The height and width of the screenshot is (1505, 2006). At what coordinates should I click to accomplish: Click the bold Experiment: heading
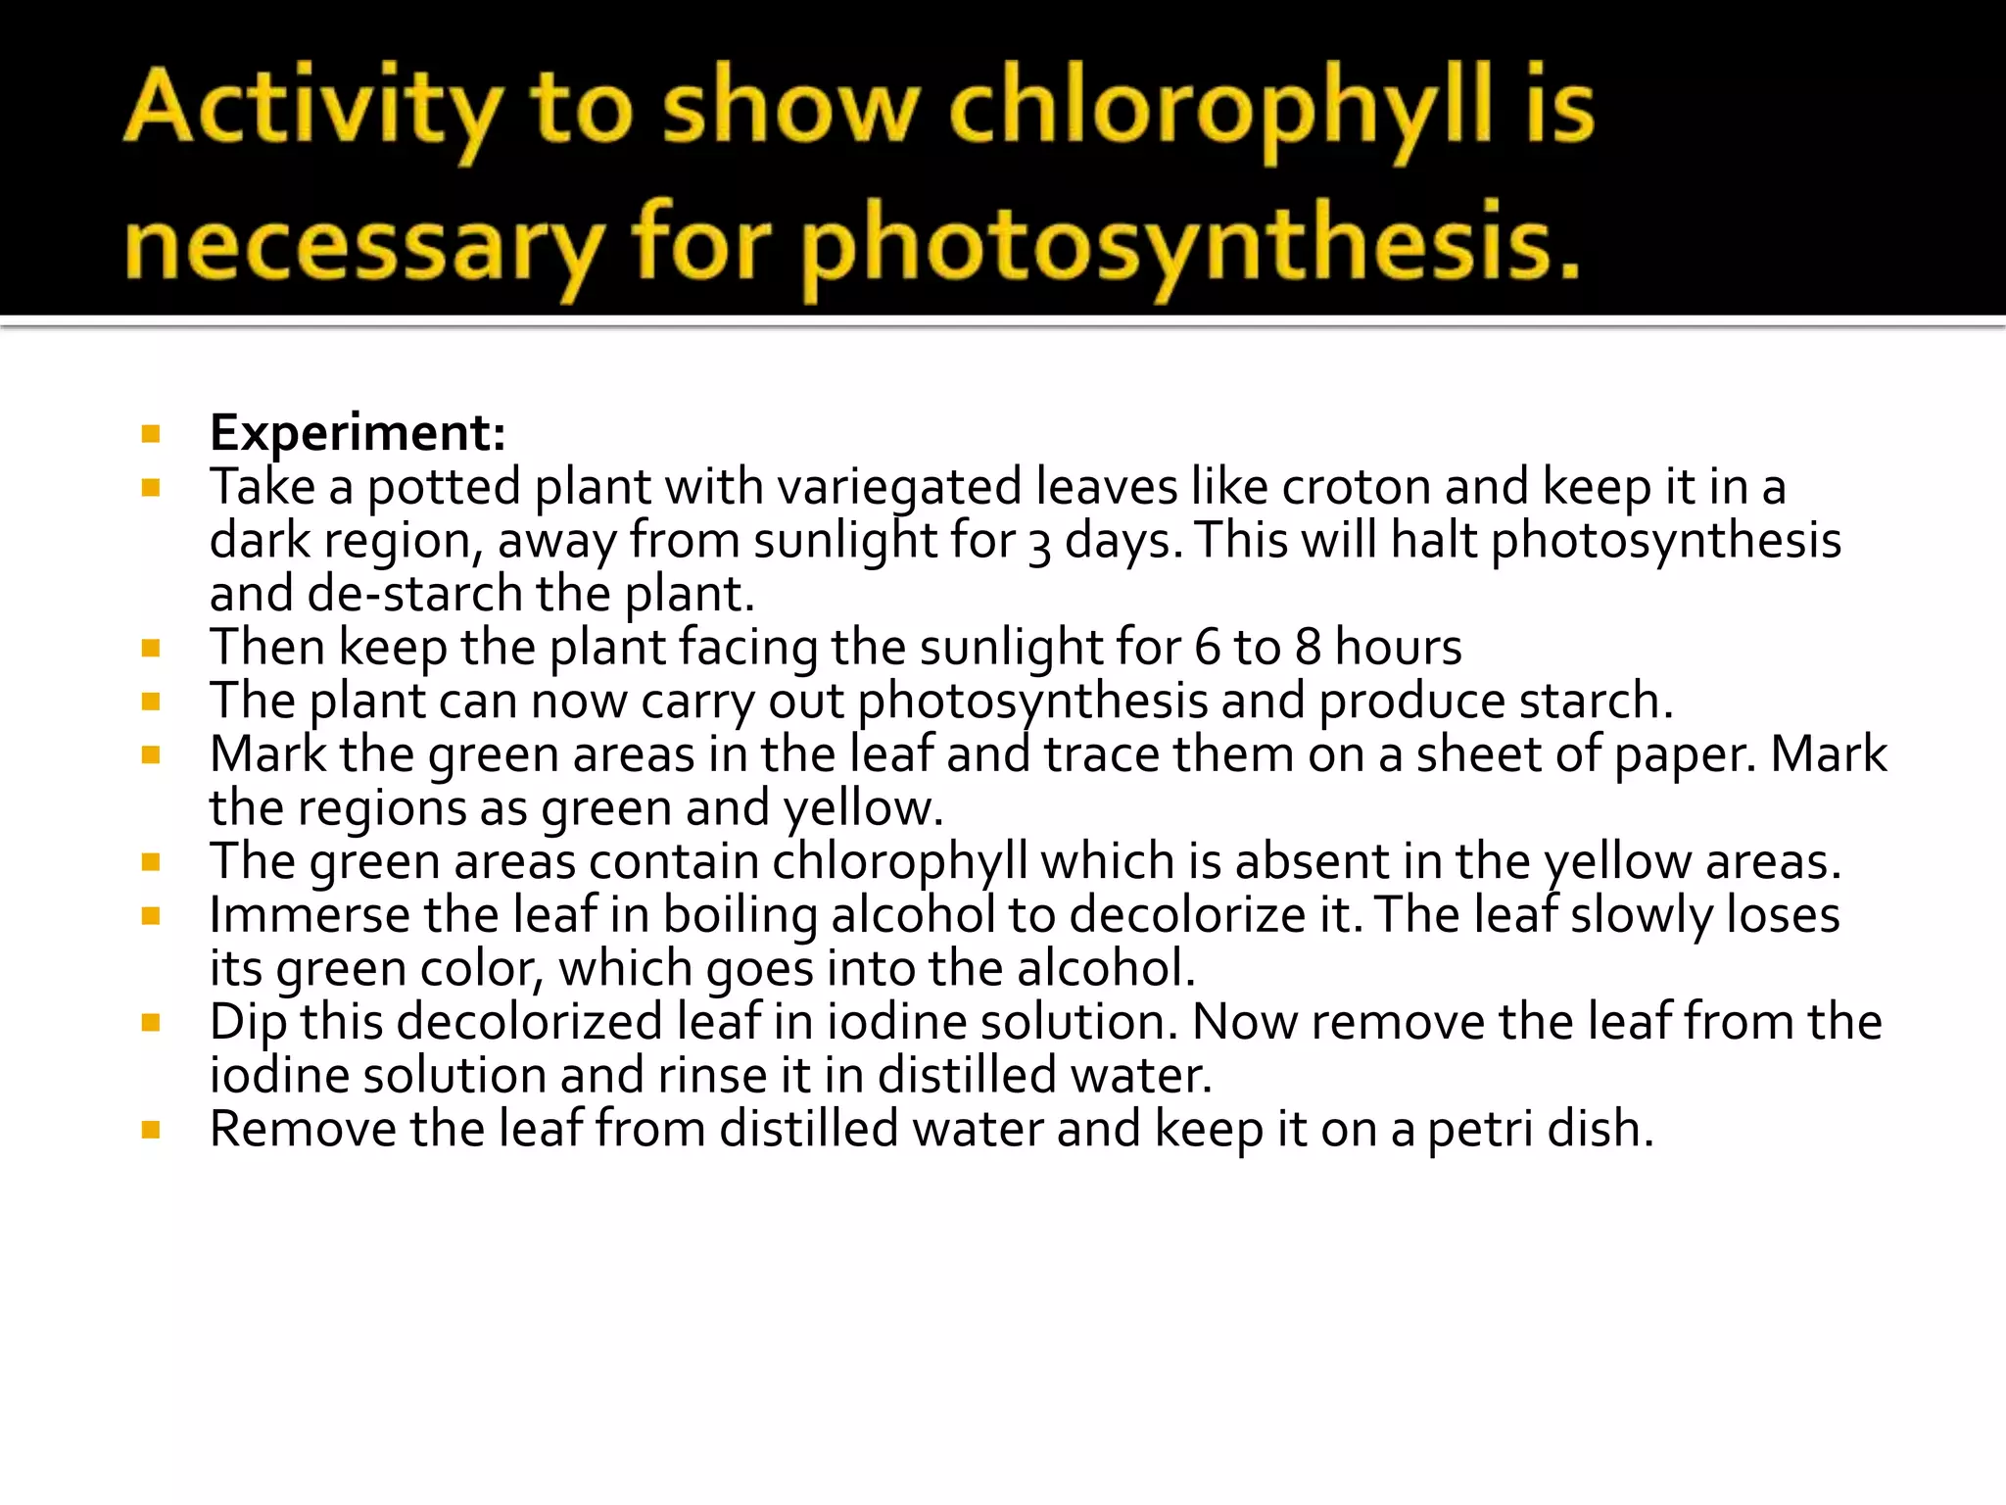pyautogui.click(x=358, y=433)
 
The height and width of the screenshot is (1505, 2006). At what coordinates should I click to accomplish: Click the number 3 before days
pyautogui.click(x=1039, y=543)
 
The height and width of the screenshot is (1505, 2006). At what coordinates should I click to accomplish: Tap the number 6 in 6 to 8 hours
pyautogui.click(x=1208, y=648)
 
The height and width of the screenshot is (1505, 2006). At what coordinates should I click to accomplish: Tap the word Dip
pyautogui.click(x=248, y=1022)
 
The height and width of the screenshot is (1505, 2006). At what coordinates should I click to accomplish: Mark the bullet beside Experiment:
pyautogui.click(x=151, y=434)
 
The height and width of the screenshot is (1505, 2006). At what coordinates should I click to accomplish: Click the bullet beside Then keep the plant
pyautogui.click(x=151, y=648)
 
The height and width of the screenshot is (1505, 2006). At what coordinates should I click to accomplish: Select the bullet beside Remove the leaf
pyautogui.click(x=151, y=1130)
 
